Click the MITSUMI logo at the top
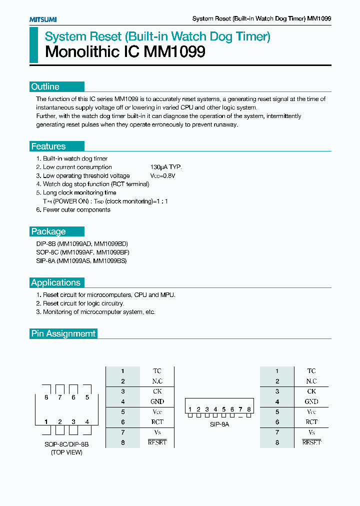pos(42,19)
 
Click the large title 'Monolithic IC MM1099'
pos(125,52)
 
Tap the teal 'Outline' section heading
pos(45,86)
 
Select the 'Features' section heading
pos(48,146)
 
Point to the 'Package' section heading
pos(48,231)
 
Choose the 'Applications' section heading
pos(56,282)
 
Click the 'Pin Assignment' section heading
pos(63,333)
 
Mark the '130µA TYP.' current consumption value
pos(166,167)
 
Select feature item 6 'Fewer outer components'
pos(73,209)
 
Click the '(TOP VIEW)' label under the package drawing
pos(66,452)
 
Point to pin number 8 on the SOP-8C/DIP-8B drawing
pos(46,397)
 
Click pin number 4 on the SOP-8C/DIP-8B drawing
pos(87,422)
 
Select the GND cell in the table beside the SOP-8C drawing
pos(157,401)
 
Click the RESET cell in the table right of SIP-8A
pos(311,442)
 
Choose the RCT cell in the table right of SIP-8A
pos(311,422)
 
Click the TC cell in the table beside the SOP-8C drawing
pos(157,371)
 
